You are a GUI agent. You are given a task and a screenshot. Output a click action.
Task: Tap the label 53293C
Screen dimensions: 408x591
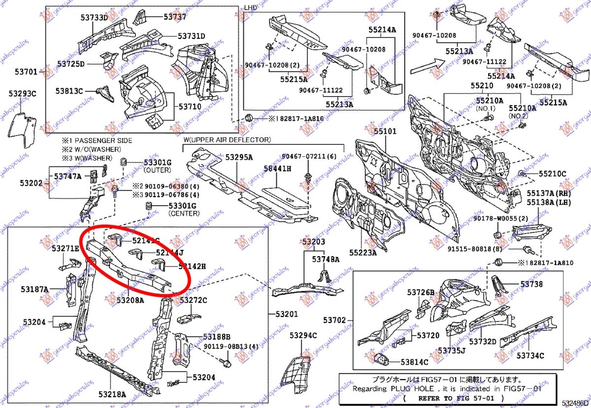coord(22,93)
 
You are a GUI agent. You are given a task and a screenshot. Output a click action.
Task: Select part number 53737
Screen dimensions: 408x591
coord(175,16)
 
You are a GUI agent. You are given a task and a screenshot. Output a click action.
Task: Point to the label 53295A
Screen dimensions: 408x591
coord(239,157)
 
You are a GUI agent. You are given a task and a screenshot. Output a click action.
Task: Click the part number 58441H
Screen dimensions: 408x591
coord(277,169)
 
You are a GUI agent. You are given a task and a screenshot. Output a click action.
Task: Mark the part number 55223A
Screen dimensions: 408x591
coord(363,253)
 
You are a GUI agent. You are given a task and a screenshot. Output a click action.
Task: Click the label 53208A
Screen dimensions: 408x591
coord(131,300)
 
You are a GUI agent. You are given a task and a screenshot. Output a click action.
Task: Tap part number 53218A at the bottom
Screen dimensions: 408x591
coord(112,394)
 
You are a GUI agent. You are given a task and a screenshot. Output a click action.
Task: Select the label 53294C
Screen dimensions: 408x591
coord(303,336)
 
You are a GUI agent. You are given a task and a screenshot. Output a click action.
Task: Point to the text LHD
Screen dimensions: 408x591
coord(250,8)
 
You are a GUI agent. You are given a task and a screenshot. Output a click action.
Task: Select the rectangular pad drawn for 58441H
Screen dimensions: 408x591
coord(284,196)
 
